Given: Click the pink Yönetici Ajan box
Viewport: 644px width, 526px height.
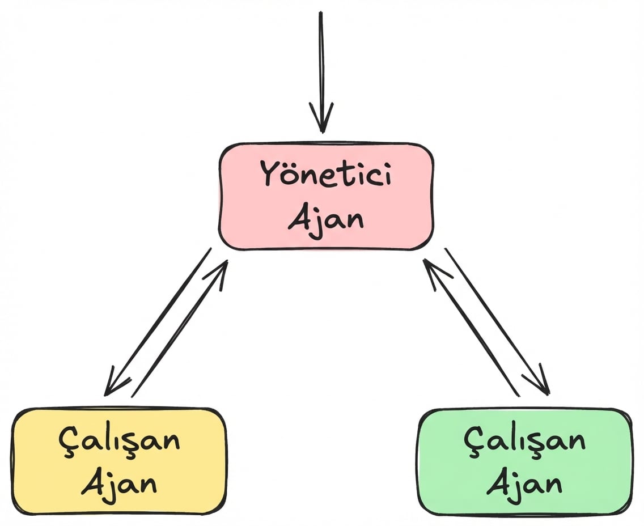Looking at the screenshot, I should coord(326,196).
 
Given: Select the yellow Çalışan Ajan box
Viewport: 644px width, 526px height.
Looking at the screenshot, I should coord(119,460).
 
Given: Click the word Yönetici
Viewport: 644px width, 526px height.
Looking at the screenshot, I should coord(325,174).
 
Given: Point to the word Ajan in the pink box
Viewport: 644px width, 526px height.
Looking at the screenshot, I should coord(325,218).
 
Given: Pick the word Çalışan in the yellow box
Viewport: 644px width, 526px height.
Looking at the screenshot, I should coord(119,440).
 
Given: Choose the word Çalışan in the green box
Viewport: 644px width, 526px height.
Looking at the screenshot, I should coord(524,440).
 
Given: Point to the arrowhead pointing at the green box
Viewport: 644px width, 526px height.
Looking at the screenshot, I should coord(543,385).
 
